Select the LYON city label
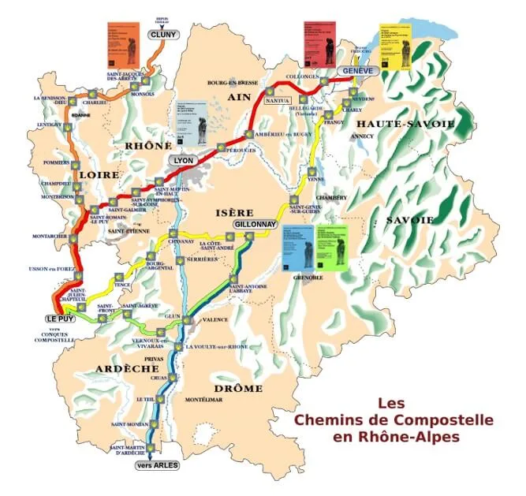point(183,159)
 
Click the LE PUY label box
point(60,318)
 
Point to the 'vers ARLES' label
point(158,465)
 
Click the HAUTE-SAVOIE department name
point(405,125)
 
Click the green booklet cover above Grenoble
point(331,248)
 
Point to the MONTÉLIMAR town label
point(203,400)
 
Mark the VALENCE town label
point(215,320)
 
